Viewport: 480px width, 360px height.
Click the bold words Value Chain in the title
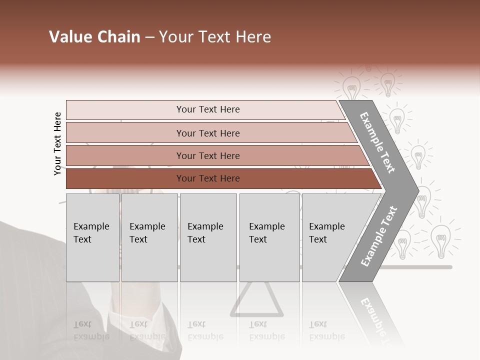(94, 37)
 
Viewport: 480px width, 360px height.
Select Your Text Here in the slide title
(215, 37)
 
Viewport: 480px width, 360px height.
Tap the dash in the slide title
(149, 37)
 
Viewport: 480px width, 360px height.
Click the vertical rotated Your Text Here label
(57, 144)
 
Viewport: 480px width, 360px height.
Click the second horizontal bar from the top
(207, 133)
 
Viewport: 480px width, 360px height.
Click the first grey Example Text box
(92, 237)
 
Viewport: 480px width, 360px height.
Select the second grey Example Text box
(149, 237)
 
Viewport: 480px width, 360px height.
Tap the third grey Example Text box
(208, 237)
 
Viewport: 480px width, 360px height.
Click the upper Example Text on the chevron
(377, 142)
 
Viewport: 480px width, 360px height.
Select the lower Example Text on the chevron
(379, 236)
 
